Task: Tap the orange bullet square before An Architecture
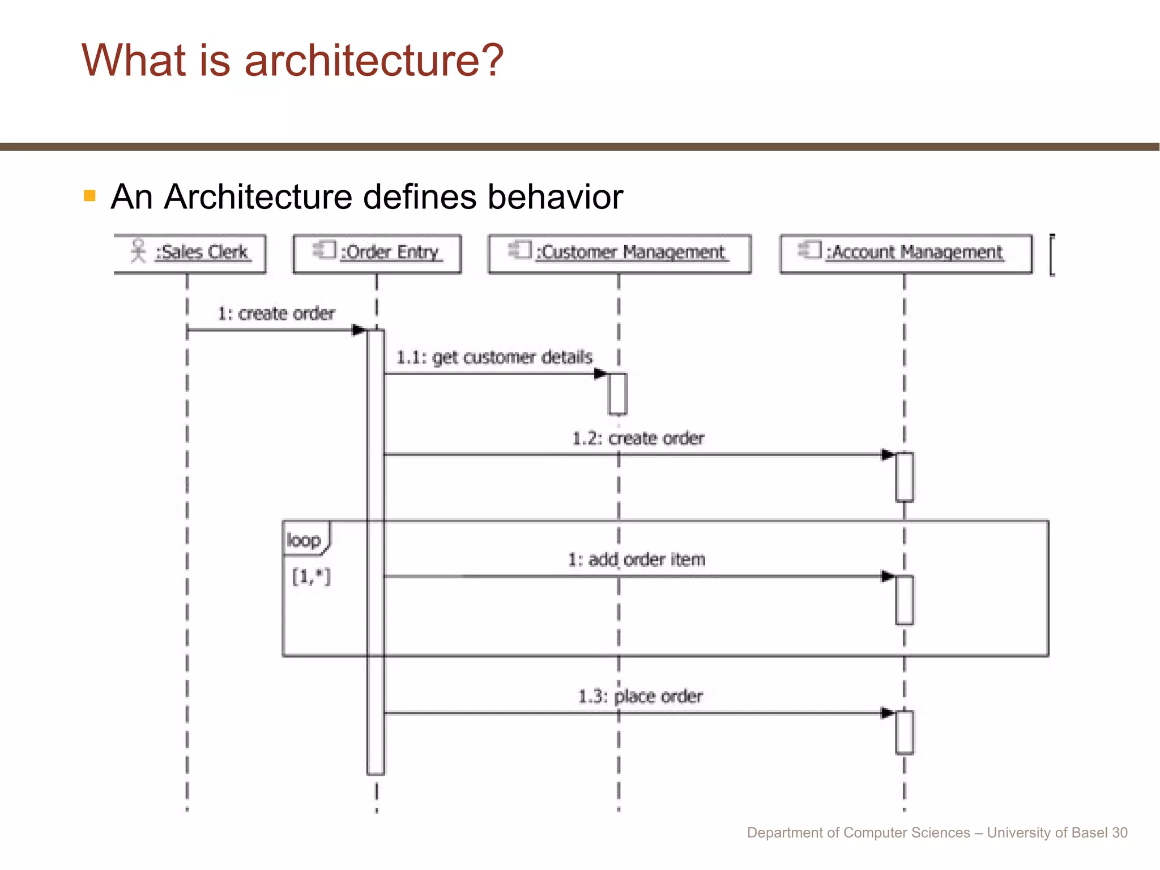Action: click(89, 196)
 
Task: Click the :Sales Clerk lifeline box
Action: click(190, 253)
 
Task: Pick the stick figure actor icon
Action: click(138, 250)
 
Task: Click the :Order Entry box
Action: click(377, 253)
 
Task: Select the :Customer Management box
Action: click(620, 253)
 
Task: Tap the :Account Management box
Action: click(906, 253)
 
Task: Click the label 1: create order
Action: click(276, 313)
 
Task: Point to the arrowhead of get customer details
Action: click(600, 374)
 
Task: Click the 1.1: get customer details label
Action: click(494, 357)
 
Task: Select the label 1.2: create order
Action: click(638, 438)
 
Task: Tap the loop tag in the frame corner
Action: click(304, 540)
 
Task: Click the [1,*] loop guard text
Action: click(311, 577)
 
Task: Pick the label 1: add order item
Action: click(637, 560)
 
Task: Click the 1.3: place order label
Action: click(640, 696)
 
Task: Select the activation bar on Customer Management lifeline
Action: click(618, 394)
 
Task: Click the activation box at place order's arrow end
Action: click(905, 732)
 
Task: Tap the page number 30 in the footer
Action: click(1119, 833)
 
